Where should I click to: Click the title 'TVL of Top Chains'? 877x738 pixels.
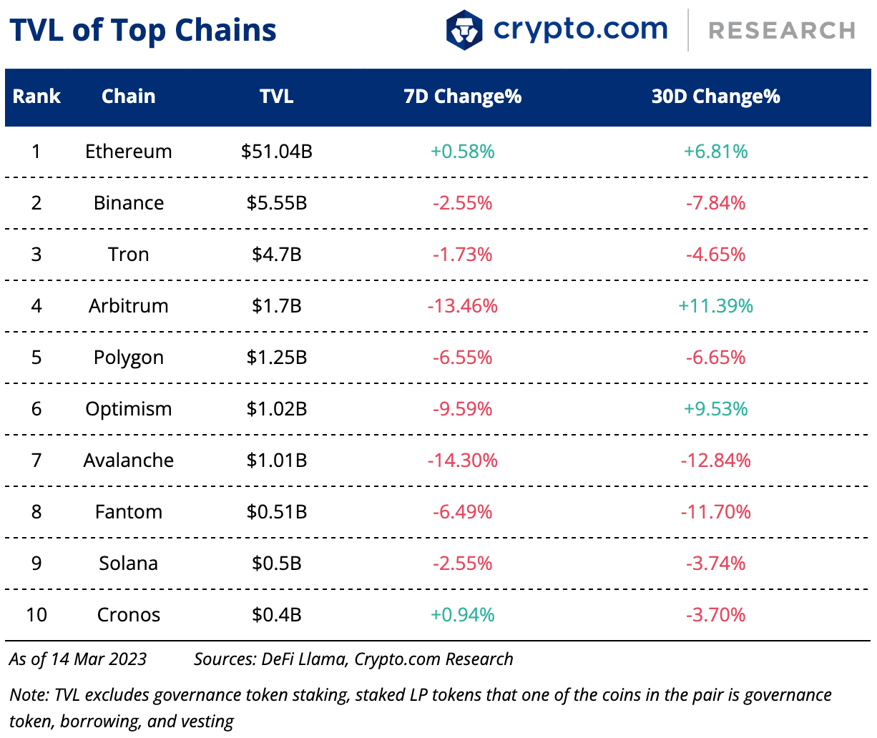[x=143, y=31]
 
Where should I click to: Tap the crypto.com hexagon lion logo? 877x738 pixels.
[x=464, y=30]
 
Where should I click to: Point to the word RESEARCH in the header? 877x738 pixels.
[x=782, y=31]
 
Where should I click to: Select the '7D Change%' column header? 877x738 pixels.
[x=462, y=97]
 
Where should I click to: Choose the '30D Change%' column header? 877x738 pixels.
[x=715, y=97]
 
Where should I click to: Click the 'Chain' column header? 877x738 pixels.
[x=128, y=97]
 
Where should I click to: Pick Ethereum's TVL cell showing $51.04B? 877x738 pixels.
[x=276, y=152]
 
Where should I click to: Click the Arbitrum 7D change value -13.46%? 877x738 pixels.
[x=462, y=306]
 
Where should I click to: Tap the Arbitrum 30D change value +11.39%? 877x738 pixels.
[x=715, y=306]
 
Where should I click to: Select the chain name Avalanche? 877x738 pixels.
[x=128, y=461]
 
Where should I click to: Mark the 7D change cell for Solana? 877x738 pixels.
[x=462, y=564]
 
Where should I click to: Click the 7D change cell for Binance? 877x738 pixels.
[x=462, y=203]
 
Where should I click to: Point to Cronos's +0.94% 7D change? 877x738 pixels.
[x=462, y=615]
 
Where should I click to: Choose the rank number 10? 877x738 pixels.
[x=36, y=615]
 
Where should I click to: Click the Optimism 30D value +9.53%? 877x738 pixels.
[x=715, y=409]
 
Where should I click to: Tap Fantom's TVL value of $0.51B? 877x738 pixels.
[x=276, y=512]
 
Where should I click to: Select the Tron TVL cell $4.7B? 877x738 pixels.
[x=276, y=255]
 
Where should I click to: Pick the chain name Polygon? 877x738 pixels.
[x=128, y=358]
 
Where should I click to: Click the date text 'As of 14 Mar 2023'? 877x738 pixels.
[x=78, y=659]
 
